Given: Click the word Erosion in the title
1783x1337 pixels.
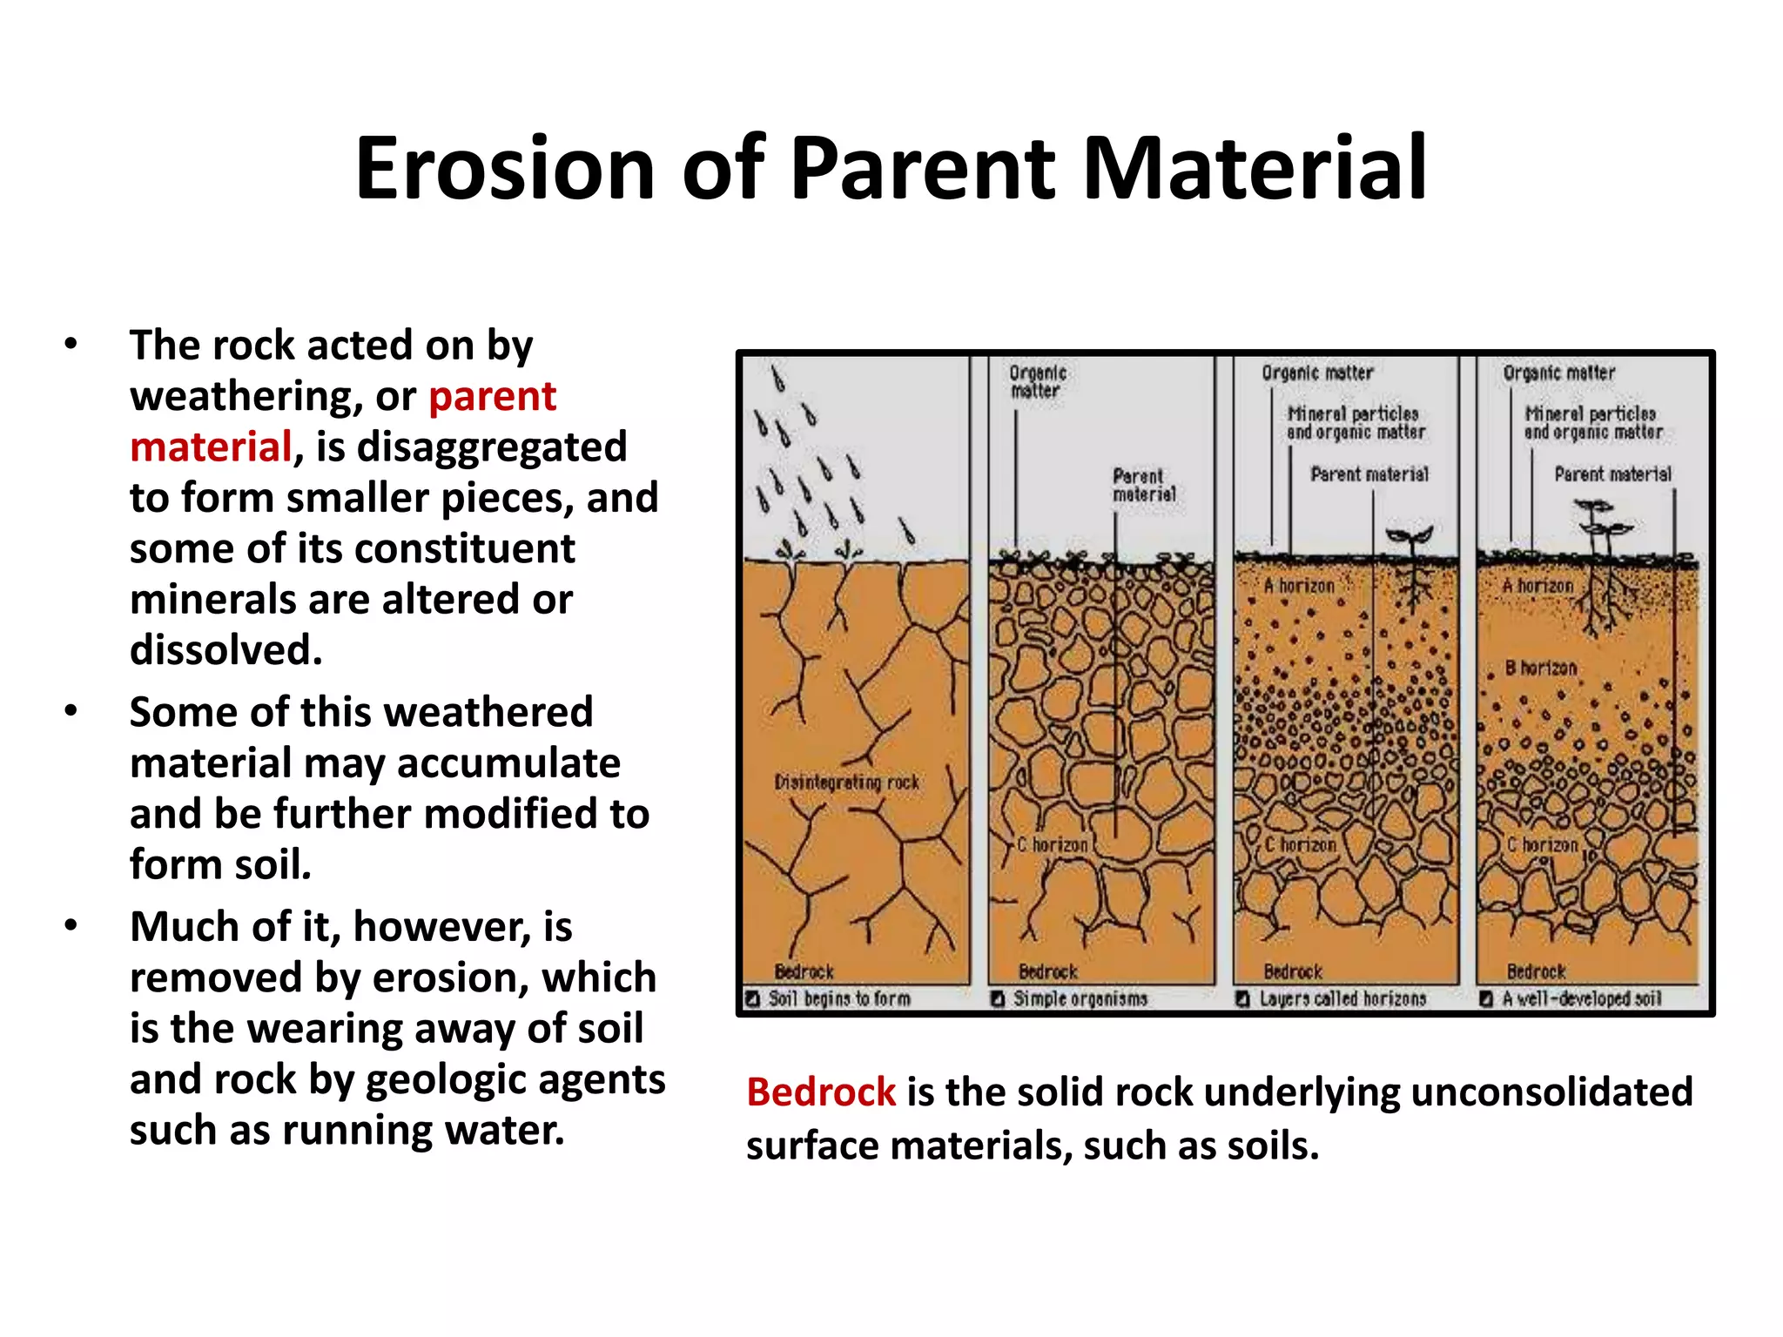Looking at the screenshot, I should tap(504, 169).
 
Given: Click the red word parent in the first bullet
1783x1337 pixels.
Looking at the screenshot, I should tap(492, 397).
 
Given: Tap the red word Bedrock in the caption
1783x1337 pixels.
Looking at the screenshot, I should tap(820, 1092).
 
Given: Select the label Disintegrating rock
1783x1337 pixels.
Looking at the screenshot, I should tap(846, 783).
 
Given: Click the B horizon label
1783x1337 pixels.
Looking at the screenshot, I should tap(1541, 668).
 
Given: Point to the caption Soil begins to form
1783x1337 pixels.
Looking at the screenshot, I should tap(838, 999).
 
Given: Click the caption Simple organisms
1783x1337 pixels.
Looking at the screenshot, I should tap(1080, 999).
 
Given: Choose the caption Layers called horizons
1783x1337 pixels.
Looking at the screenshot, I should tap(1342, 999).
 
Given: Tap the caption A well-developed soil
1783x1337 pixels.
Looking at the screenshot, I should tap(1581, 999).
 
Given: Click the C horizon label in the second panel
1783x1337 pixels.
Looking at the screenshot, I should tap(1053, 844).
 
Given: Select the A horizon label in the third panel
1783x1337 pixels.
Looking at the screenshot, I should tap(1299, 587).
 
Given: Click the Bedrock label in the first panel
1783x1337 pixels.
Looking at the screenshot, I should tap(804, 971).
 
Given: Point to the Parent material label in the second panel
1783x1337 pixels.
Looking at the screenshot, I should tap(1143, 486).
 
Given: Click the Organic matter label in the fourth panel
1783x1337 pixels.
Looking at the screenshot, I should tap(1558, 373).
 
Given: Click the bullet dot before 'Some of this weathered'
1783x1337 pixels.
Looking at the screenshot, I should tap(71, 711).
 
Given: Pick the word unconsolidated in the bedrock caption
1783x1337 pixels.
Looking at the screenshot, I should tap(1551, 1092).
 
